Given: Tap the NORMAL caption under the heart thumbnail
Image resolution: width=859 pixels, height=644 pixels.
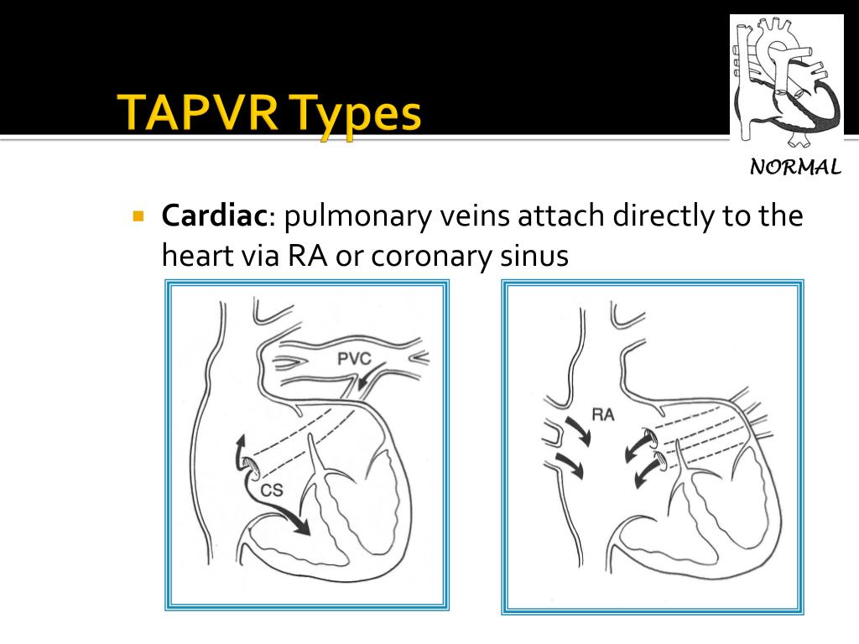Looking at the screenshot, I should [x=795, y=167].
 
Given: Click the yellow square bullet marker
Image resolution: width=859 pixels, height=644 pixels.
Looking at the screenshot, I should [x=139, y=215].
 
